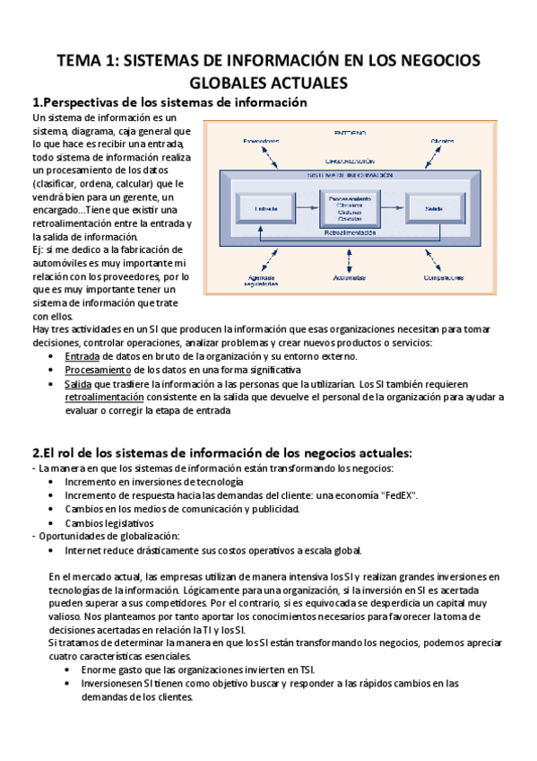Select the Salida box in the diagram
tap(432, 209)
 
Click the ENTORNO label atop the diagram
tap(350, 131)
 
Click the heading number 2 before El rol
tap(36, 451)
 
